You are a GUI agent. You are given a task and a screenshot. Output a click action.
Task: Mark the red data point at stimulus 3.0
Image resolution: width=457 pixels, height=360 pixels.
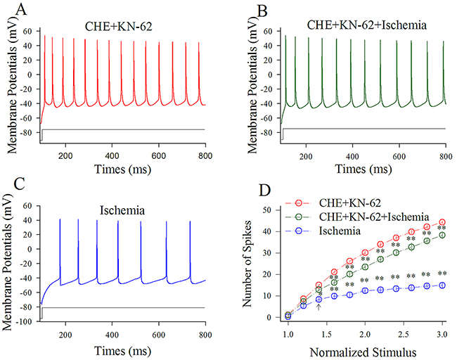(x=442, y=222)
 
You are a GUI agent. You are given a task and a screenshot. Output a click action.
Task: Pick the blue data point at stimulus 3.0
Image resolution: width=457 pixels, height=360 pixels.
(x=442, y=285)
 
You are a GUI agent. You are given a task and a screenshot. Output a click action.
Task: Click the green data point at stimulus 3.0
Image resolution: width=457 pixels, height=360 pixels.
(x=442, y=235)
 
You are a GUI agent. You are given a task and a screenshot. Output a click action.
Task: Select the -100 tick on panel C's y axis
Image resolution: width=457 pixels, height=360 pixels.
(x=25, y=321)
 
